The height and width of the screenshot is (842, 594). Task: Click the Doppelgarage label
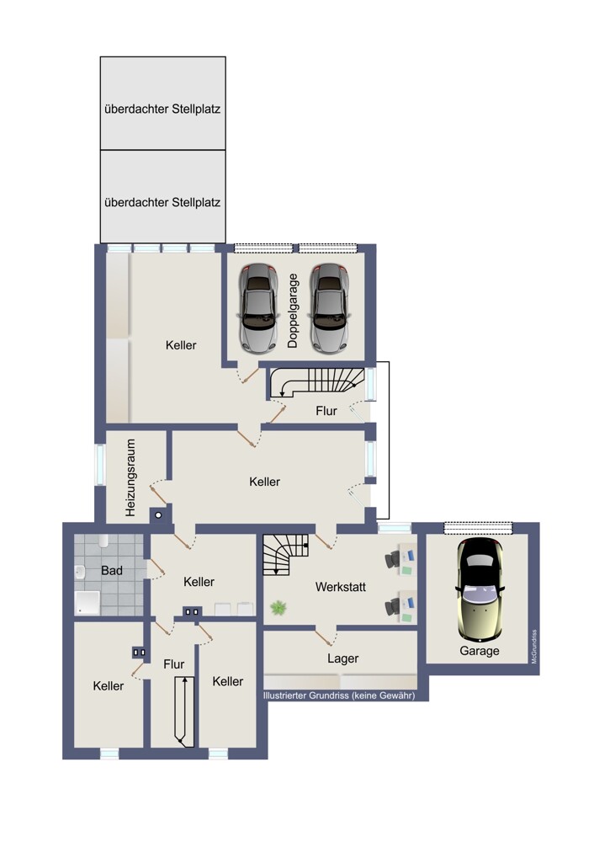pyautogui.click(x=293, y=311)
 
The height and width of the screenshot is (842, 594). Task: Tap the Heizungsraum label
pyautogui.click(x=130, y=478)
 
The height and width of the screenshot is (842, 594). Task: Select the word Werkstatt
pyautogui.click(x=340, y=587)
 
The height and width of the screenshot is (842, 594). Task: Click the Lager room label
pyautogui.click(x=343, y=658)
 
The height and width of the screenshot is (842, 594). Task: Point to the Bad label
pyautogui.click(x=112, y=570)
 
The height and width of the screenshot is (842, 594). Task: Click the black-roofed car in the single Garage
pyautogui.click(x=480, y=589)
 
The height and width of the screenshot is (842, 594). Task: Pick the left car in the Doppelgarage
pyautogui.click(x=258, y=308)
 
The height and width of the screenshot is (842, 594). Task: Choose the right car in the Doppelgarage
pyautogui.click(x=330, y=308)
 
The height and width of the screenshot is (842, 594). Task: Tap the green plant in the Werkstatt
pyautogui.click(x=278, y=608)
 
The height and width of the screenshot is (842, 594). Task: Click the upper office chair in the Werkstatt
pyautogui.click(x=393, y=559)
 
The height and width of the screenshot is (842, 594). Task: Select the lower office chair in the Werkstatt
pyautogui.click(x=393, y=607)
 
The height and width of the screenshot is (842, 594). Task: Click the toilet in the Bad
pyautogui.click(x=103, y=541)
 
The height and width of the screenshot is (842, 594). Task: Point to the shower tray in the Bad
pyautogui.click(x=87, y=603)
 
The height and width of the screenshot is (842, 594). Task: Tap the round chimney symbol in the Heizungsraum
pyautogui.click(x=158, y=515)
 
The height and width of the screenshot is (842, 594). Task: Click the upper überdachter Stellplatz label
pyautogui.click(x=162, y=109)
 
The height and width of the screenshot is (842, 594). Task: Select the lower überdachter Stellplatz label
pyautogui.click(x=162, y=202)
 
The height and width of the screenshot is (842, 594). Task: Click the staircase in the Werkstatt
pyautogui.click(x=286, y=554)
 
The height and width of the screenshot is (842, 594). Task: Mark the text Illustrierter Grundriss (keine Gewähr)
pyautogui.click(x=339, y=695)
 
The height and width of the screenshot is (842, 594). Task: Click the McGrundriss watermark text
pyautogui.click(x=534, y=647)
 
